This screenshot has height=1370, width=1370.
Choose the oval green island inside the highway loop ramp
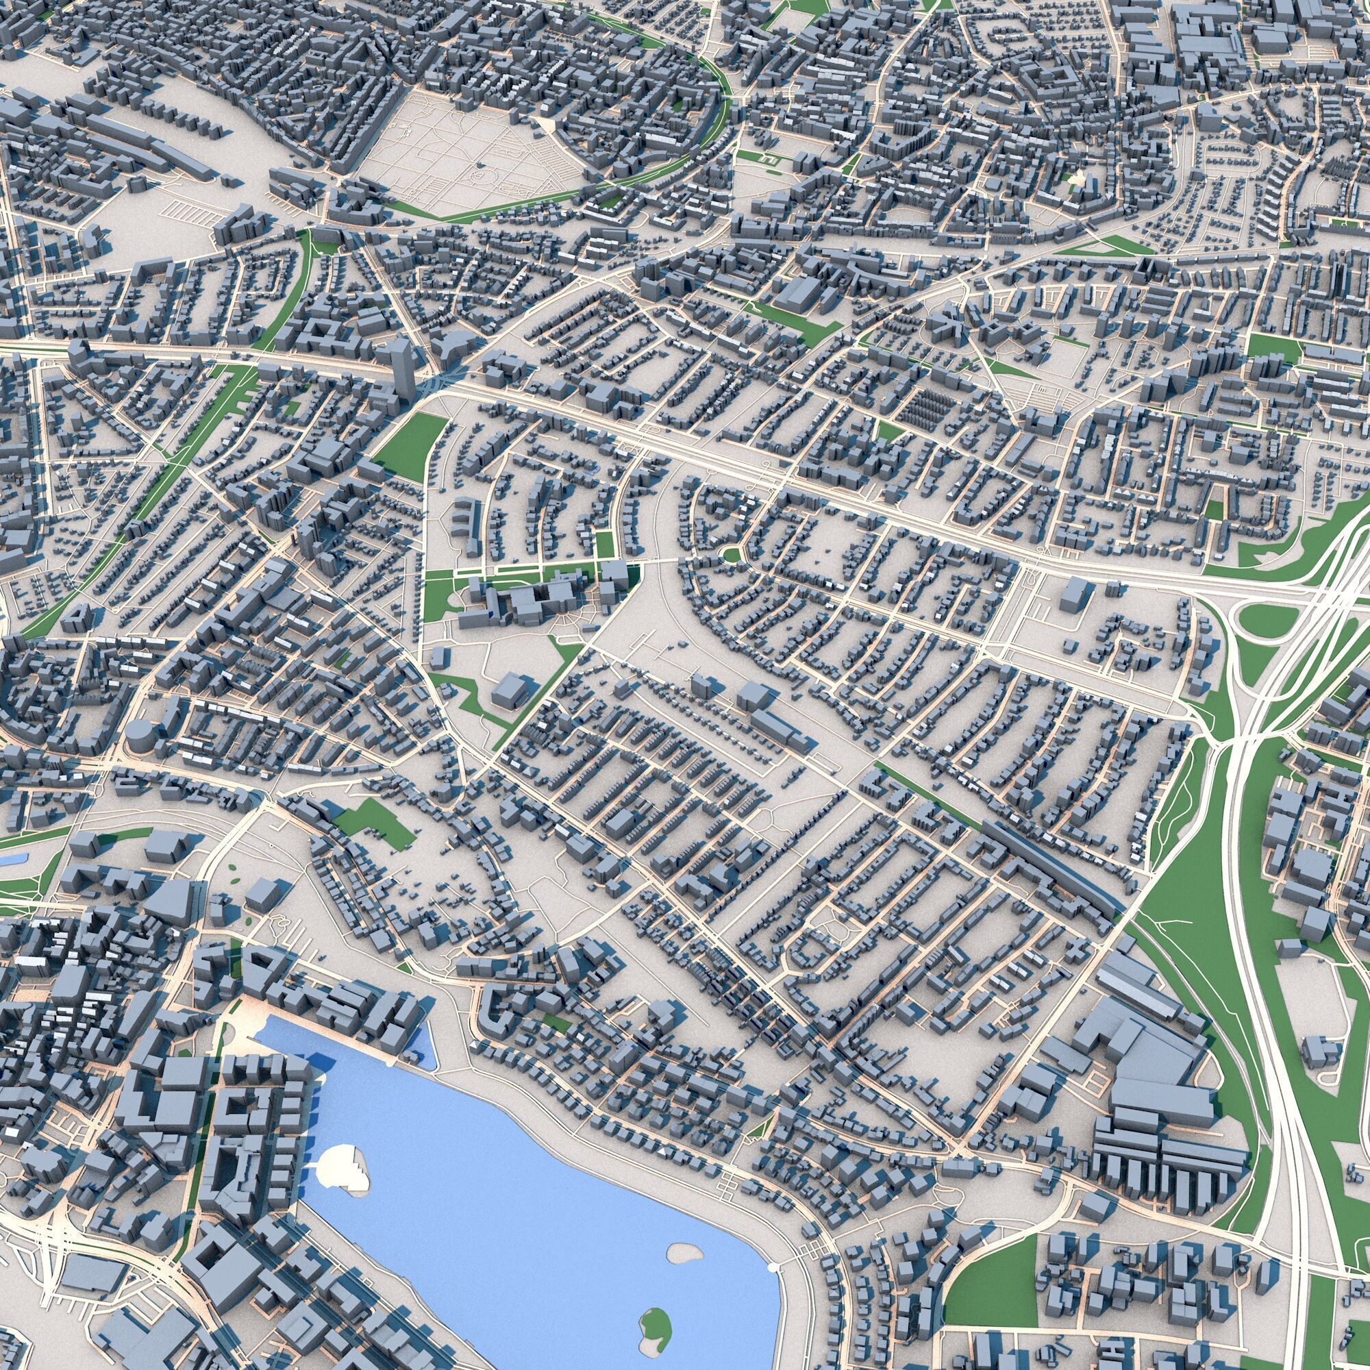pyautogui.click(x=1265, y=623)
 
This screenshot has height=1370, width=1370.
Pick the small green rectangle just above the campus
pyautogui.click(x=603, y=545)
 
